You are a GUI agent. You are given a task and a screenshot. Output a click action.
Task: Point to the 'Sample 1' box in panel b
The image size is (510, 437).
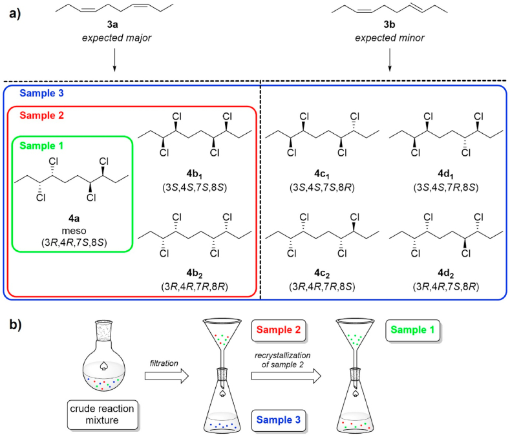(x=413, y=330)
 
